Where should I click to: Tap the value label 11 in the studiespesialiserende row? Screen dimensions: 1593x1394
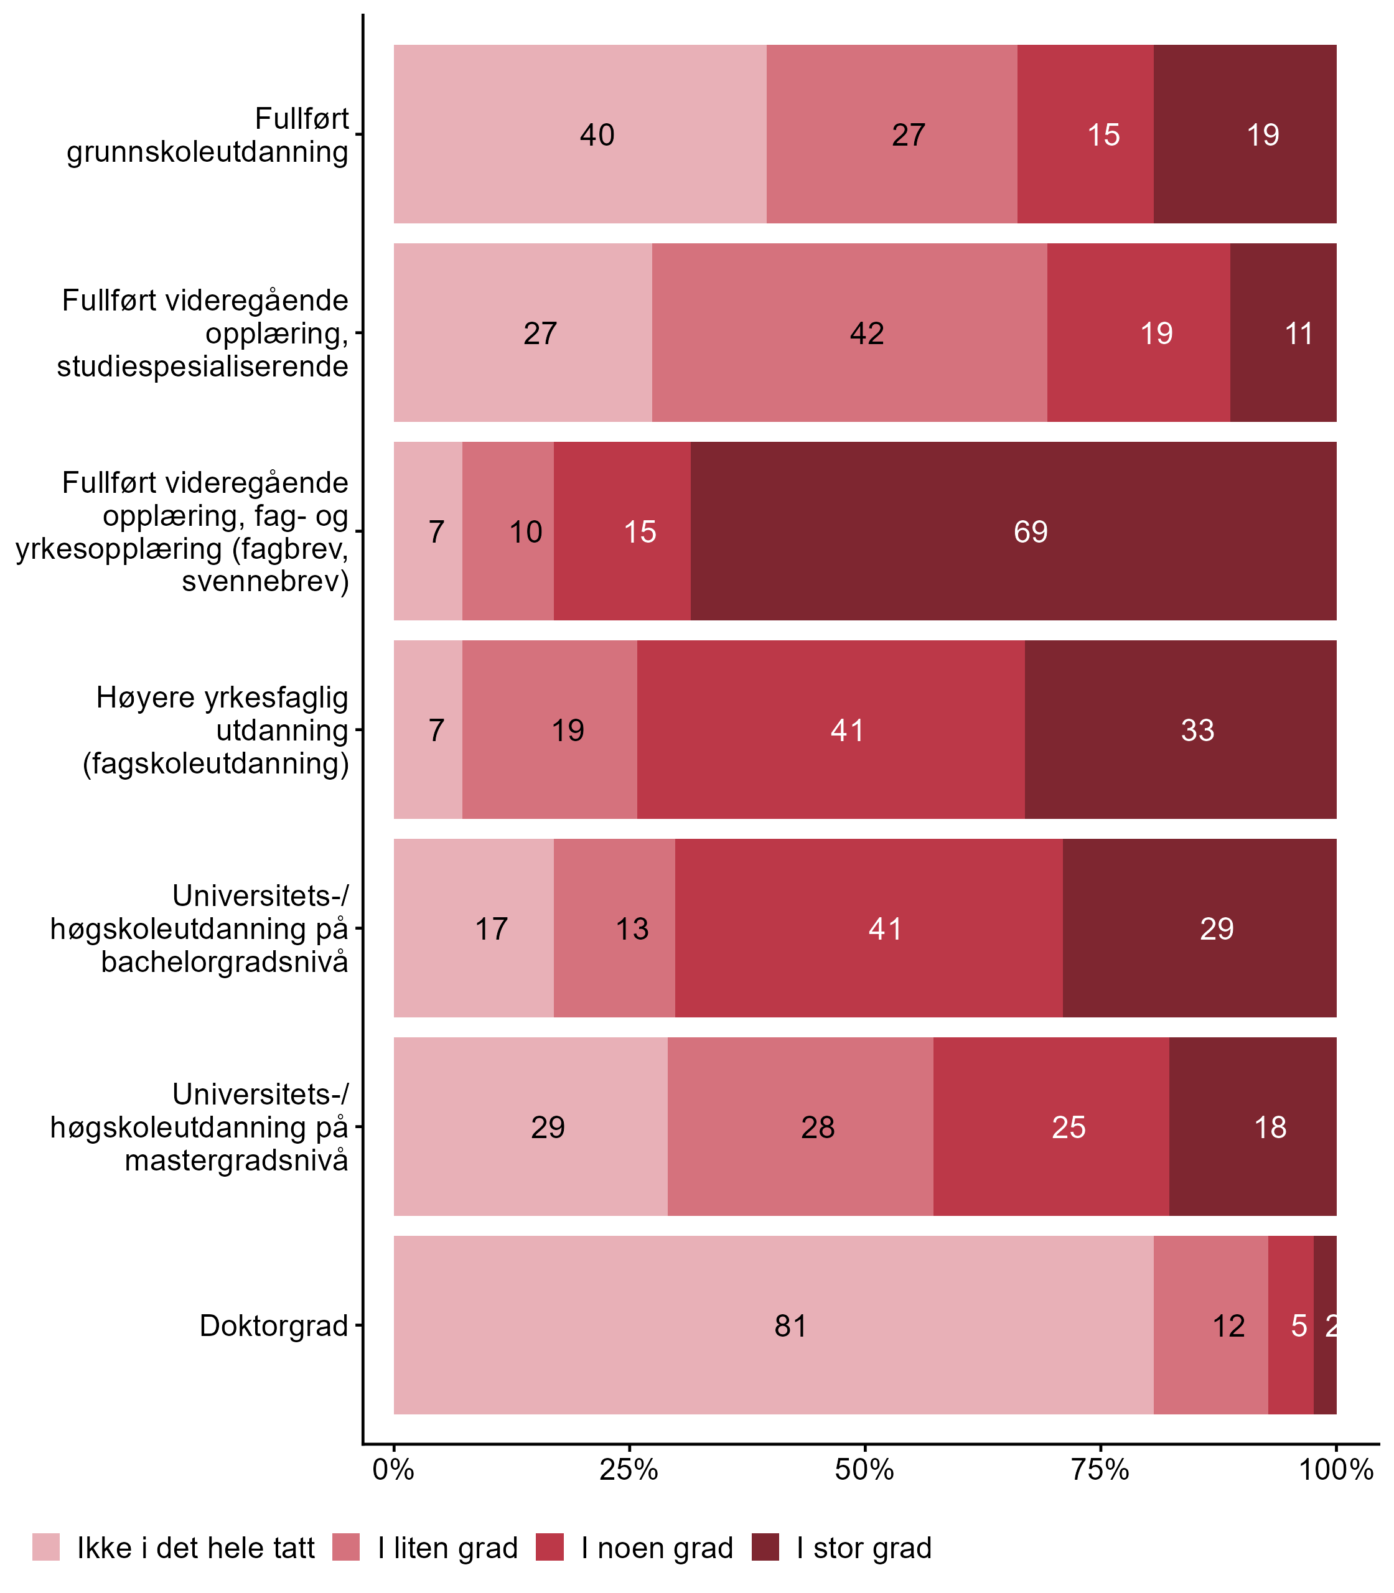[x=1298, y=334]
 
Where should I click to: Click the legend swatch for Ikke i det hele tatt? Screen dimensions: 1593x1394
[x=46, y=1547]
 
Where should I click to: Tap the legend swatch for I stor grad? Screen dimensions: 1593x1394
[x=765, y=1547]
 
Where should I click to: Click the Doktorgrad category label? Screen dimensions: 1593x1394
[x=274, y=1325]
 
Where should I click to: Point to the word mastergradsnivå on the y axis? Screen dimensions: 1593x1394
[x=236, y=1161]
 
